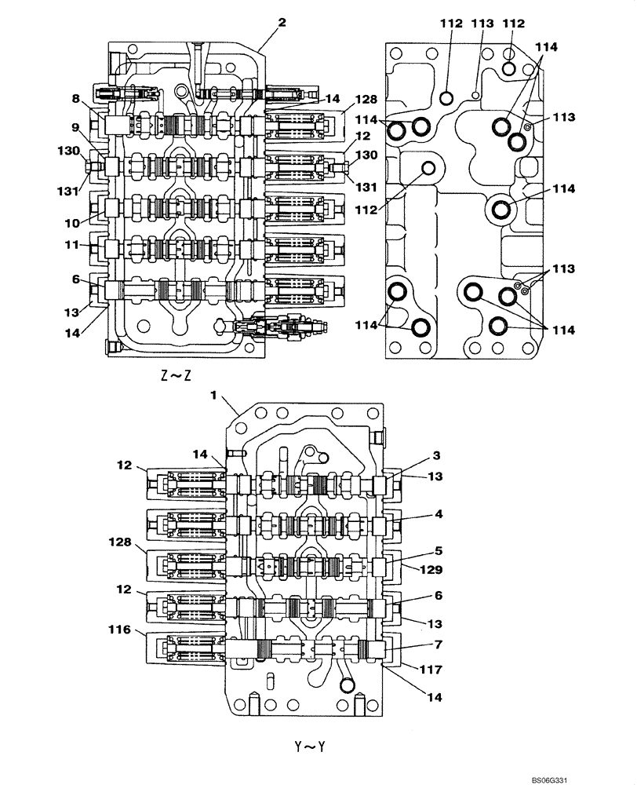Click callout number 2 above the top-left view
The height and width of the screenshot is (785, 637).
click(282, 23)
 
